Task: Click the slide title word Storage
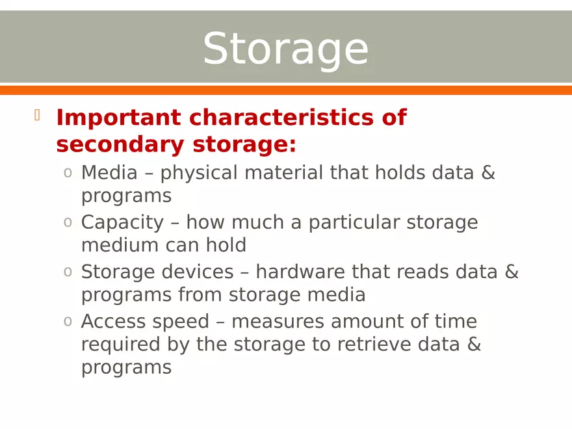coord(285,49)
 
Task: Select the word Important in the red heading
coord(118,118)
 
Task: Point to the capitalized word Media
coord(109,173)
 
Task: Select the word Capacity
coord(122,223)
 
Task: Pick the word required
coord(120,344)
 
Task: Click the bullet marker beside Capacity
coord(68,223)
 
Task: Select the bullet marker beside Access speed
coord(68,322)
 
